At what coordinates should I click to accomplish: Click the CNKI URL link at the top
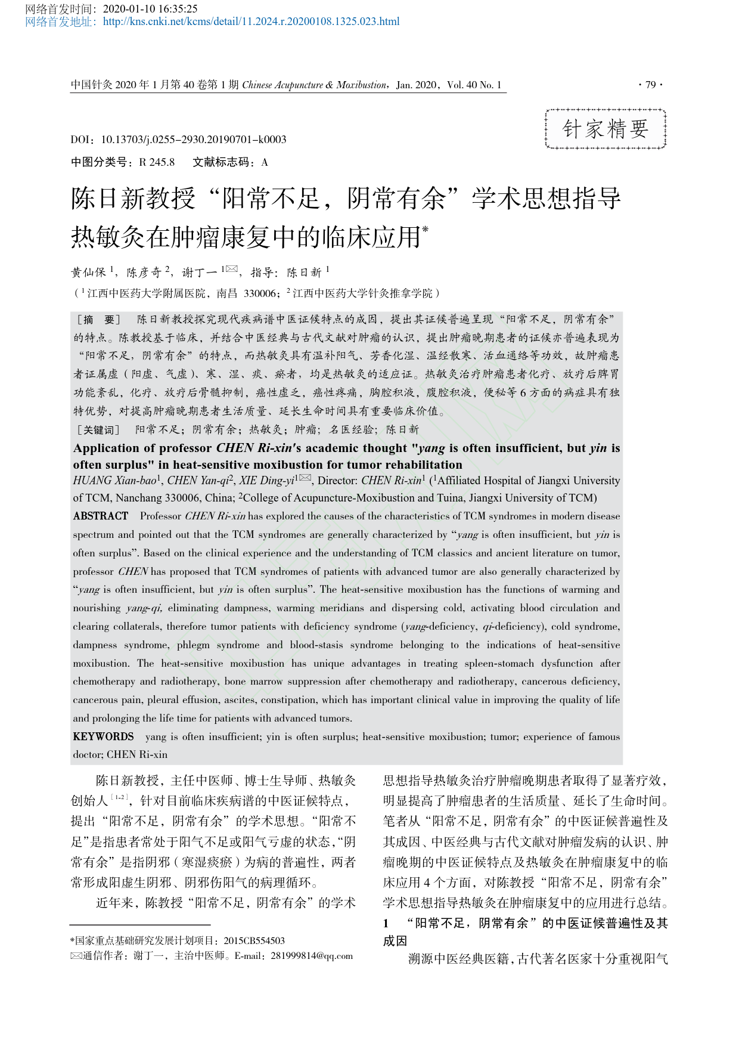251,22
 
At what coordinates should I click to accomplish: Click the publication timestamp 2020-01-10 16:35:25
150,9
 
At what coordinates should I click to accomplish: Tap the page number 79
650,85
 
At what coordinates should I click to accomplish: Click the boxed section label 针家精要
606,129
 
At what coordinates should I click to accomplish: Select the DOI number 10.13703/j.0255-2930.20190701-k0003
194,140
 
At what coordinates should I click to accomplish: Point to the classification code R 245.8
157,162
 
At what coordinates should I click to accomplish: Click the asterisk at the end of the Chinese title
426,229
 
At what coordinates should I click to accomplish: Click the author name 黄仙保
88,273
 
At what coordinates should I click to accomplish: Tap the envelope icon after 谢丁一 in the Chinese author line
232,270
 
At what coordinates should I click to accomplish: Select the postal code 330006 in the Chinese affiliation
260,293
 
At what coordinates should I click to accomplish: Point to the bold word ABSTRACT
101,516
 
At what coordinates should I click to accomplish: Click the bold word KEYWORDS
103,737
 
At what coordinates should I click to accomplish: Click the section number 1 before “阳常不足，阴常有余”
386,923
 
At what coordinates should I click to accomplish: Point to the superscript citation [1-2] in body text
120,797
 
